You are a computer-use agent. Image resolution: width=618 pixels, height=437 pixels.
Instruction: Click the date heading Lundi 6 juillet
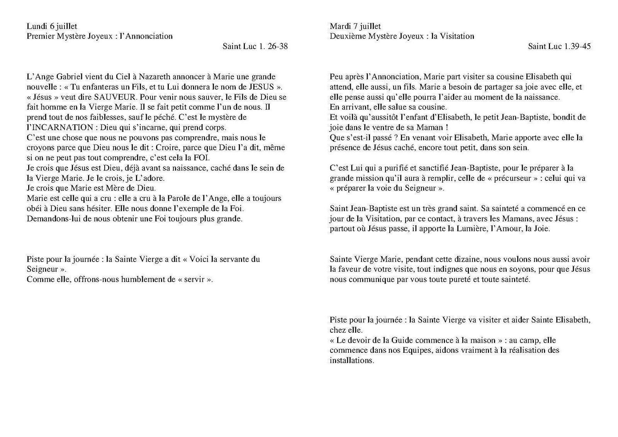coord(52,26)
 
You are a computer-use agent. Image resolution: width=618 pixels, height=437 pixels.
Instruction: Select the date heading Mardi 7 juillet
coord(355,26)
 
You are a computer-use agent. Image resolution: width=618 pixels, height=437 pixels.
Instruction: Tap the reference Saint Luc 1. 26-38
coord(255,46)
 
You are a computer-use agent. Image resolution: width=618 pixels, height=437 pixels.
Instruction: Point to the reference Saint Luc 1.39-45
coord(559,46)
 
